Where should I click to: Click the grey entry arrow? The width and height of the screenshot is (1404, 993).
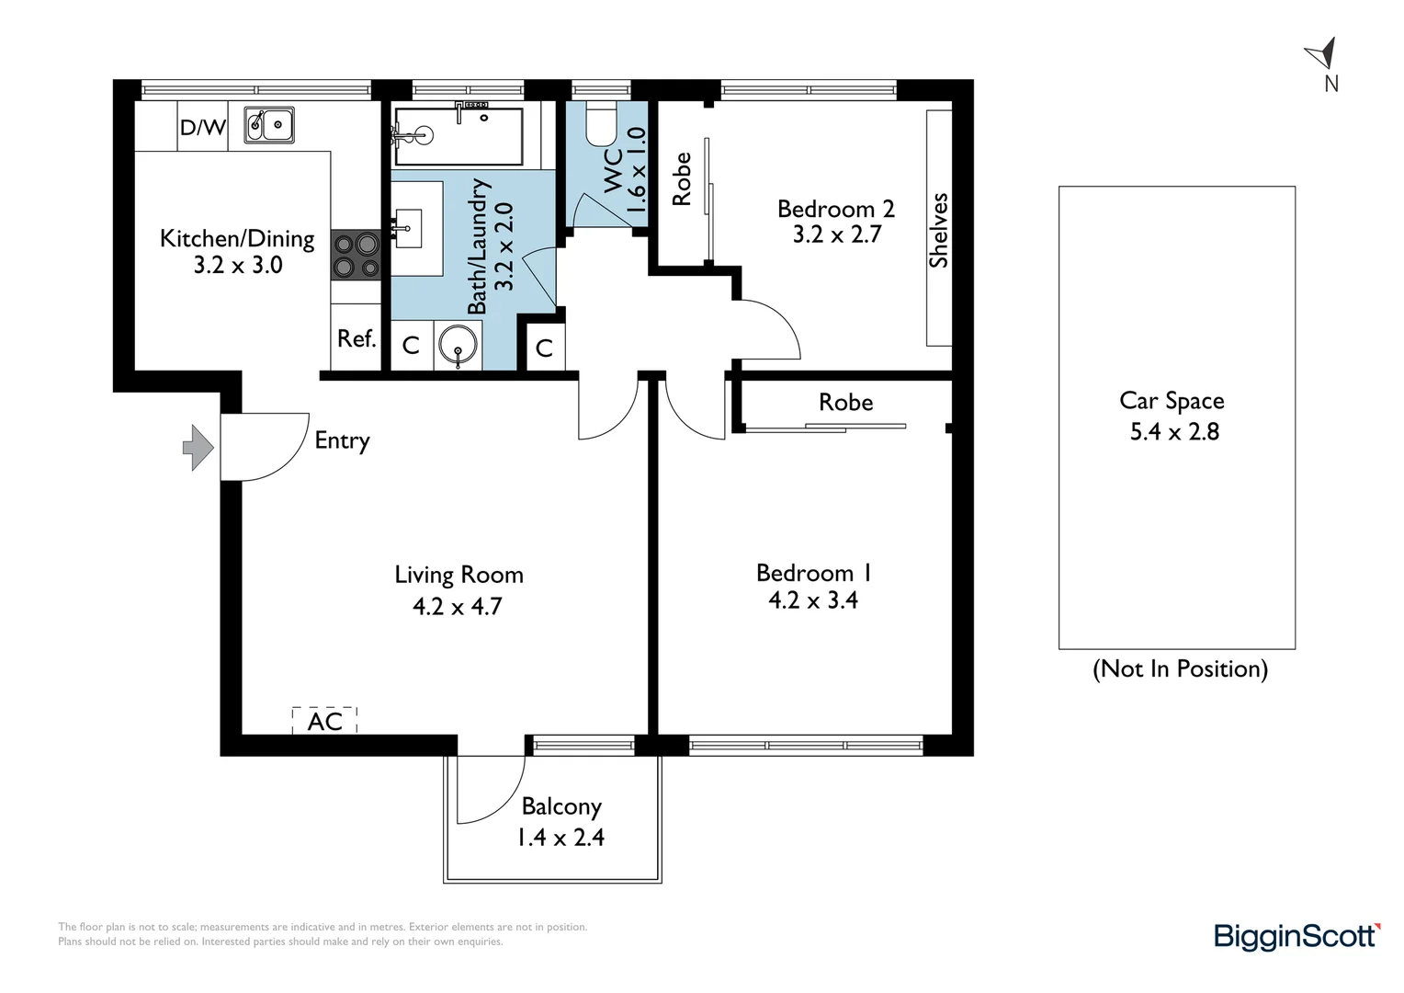coord(198,447)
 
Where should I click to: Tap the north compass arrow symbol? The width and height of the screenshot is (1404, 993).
coord(1322,54)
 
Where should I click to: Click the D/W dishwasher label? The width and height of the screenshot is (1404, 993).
coord(202,128)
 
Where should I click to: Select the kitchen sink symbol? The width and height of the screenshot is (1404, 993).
coord(269,125)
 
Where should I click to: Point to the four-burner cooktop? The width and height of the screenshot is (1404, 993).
coord(356,255)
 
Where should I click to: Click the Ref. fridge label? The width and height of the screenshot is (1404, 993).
coord(357,338)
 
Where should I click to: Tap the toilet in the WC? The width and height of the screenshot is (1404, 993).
coord(602,124)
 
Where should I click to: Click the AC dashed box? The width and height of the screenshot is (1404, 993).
coord(324,720)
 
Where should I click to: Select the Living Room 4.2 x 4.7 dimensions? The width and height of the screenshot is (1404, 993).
coord(458,607)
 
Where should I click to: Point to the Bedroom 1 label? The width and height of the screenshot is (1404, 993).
coord(813,573)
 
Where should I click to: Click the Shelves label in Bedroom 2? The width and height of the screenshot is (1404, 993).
coord(938,230)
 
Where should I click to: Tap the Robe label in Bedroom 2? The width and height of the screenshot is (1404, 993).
coord(681,178)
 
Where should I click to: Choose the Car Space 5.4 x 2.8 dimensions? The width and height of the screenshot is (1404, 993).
coord(1174,431)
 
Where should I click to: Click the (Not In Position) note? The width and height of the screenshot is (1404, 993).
coord(1180,668)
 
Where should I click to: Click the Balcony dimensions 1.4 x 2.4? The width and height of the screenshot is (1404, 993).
coord(560,838)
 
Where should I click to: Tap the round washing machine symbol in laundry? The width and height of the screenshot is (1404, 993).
coord(459,345)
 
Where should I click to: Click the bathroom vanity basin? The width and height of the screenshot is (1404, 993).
coord(408,228)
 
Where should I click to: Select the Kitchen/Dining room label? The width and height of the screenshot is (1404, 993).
coord(237,239)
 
